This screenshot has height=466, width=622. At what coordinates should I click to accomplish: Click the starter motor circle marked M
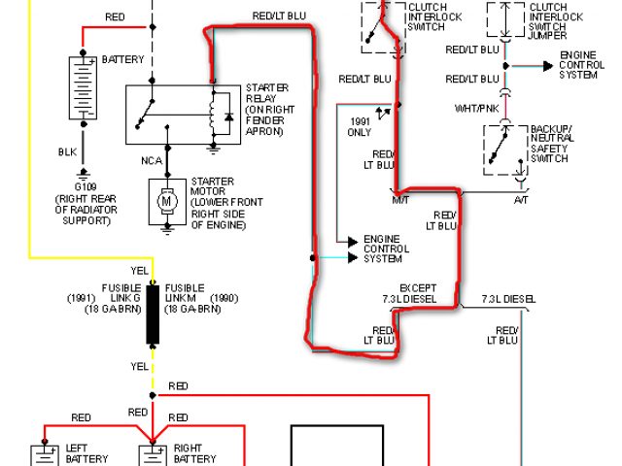pyautogui.click(x=166, y=200)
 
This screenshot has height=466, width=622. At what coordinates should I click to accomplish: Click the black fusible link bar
pyautogui.click(x=153, y=315)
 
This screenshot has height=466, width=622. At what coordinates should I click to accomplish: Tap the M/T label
pyautogui.click(x=400, y=198)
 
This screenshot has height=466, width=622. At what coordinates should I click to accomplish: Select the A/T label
pyautogui.click(x=522, y=198)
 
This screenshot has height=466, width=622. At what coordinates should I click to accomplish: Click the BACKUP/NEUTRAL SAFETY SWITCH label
pyautogui.click(x=552, y=145)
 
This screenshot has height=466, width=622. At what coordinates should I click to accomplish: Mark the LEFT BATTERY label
pyautogui.click(x=86, y=454)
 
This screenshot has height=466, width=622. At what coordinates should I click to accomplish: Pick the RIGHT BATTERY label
pyautogui.click(x=194, y=454)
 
